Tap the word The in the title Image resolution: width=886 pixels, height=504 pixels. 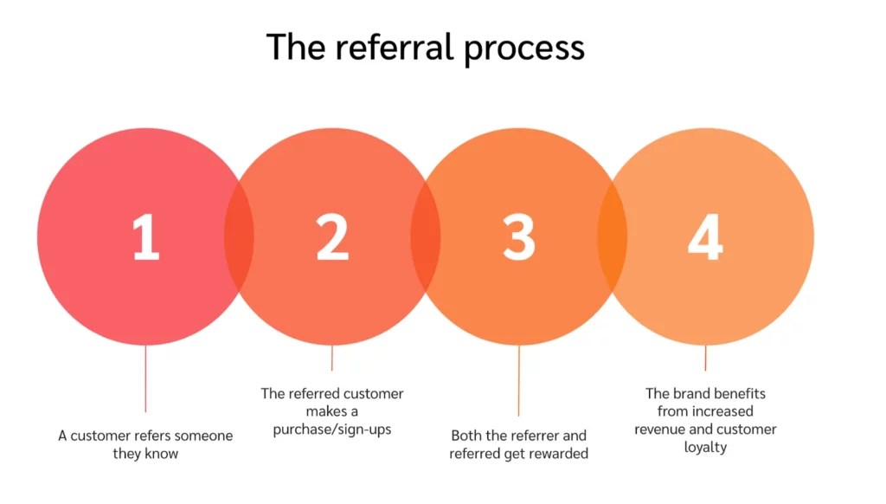(x=293, y=47)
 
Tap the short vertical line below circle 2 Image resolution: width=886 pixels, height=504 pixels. (x=332, y=358)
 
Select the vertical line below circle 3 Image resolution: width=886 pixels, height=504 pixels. (x=519, y=381)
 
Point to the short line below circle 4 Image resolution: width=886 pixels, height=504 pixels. (x=705, y=358)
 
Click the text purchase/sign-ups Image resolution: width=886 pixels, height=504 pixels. (x=332, y=430)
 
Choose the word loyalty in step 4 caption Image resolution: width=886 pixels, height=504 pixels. (x=705, y=448)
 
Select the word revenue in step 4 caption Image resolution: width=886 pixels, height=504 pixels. (x=662, y=430)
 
